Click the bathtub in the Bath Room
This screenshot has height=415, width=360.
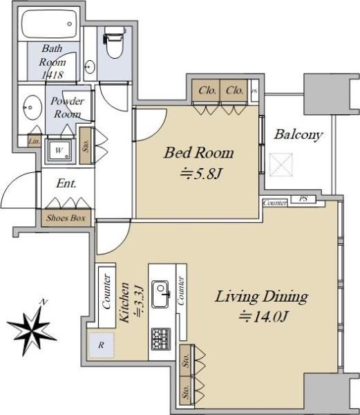tap(49, 24)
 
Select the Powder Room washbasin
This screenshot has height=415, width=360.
tap(32, 108)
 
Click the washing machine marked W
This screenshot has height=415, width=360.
tap(59, 151)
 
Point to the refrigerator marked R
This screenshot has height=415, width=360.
tap(102, 344)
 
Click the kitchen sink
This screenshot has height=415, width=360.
tap(160, 294)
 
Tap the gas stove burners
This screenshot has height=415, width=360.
tap(161, 339)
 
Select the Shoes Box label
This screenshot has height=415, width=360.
tap(66, 218)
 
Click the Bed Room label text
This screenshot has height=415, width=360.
tap(199, 153)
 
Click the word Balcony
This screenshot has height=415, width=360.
tap(298, 134)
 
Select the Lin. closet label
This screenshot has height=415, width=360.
tap(35, 141)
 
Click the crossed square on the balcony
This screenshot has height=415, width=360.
tap(281, 165)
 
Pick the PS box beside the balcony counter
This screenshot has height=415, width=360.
tap(303, 199)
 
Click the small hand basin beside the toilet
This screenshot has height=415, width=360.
tap(91, 67)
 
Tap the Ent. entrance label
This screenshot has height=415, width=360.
tap(66, 183)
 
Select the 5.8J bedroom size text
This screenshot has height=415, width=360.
tap(200, 174)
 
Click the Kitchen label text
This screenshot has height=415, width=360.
tap(124, 302)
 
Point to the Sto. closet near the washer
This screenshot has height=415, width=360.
tap(85, 145)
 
